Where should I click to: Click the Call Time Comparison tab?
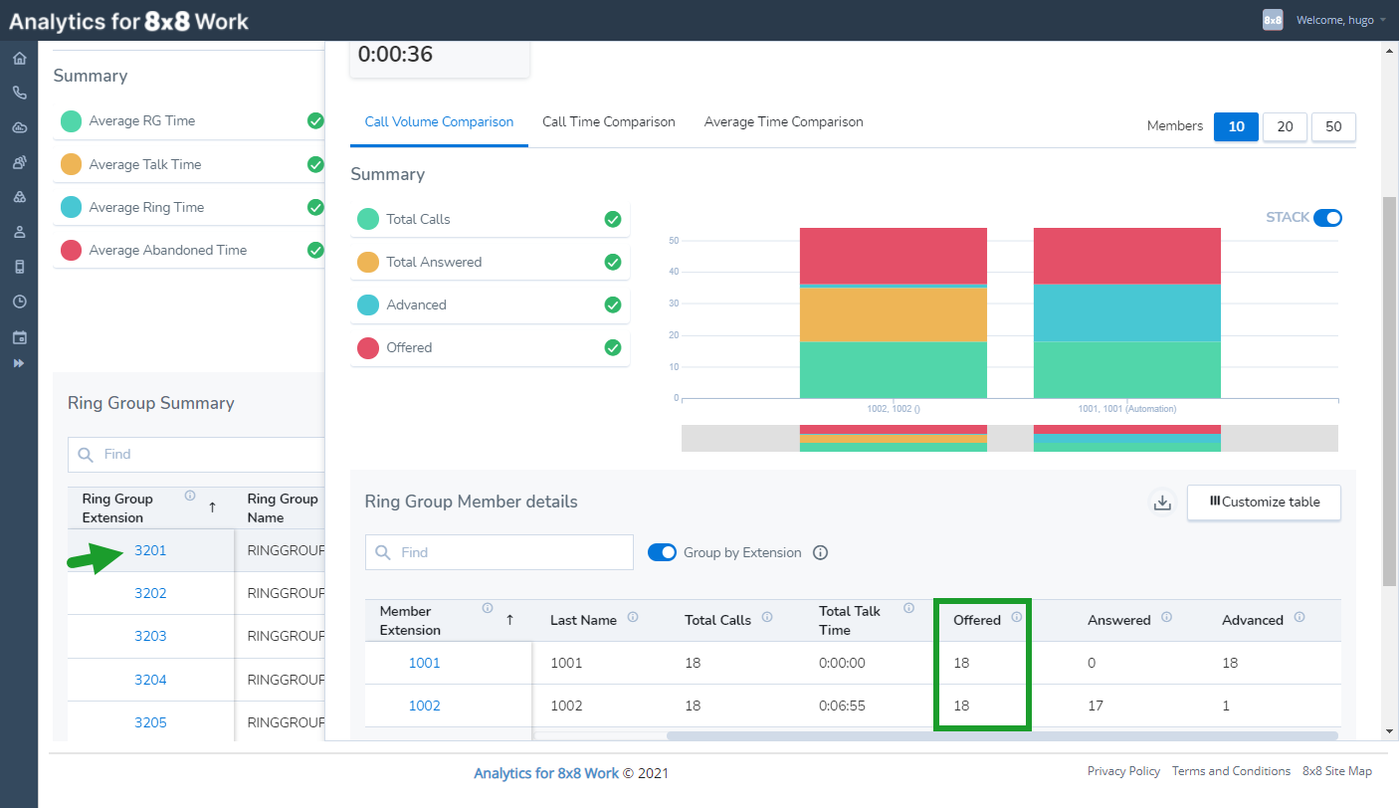coord(608,121)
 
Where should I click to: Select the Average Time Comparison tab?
coord(783,121)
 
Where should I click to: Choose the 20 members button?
coord(1285,126)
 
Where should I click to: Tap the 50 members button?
coord(1333,126)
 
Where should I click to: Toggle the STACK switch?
coord(1327,217)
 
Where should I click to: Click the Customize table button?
coord(1264,503)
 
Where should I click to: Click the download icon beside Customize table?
coord(1162,503)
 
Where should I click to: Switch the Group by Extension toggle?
coord(662,552)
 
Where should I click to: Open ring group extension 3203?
coord(150,636)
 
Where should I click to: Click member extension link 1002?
coord(424,706)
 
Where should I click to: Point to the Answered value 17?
coord(1096,706)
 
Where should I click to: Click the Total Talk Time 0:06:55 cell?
coord(842,706)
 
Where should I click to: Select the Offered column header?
coord(977,620)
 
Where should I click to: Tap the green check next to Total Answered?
coord(613,262)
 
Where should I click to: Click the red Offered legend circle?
coord(368,348)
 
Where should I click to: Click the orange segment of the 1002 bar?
coord(894,314)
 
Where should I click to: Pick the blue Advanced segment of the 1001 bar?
coord(1126,312)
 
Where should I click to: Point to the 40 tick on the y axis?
coord(674,272)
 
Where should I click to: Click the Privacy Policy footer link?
coord(1123,771)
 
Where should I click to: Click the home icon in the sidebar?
coord(20,58)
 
